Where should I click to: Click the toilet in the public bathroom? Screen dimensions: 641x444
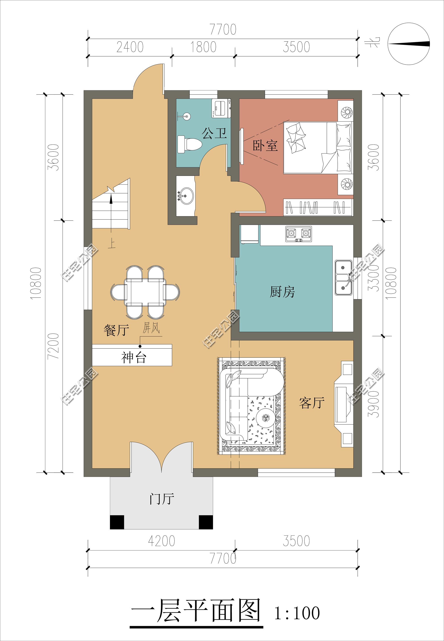point(190,144)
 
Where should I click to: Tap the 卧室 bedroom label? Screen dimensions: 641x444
point(265,145)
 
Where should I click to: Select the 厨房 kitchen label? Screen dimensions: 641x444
point(282,292)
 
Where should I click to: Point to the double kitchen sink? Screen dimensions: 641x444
point(343,277)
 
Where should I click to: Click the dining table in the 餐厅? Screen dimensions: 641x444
point(145,292)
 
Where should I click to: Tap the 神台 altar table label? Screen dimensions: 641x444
point(134,357)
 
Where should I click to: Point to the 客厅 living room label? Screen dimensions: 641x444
point(312,403)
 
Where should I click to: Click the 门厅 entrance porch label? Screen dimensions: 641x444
point(162,499)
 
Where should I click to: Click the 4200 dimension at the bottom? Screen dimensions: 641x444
point(162,541)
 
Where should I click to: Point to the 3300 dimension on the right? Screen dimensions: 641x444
point(374,278)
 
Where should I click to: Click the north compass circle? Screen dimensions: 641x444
point(408,44)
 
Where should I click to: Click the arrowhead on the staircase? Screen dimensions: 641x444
point(111,199)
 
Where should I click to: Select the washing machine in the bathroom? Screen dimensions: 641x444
point(221,108)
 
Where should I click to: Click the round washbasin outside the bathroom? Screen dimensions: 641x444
point(186,196)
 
